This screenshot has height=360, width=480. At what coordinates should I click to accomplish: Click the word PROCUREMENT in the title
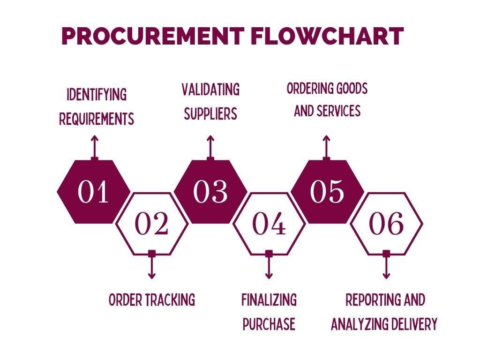click(x=152, y=36)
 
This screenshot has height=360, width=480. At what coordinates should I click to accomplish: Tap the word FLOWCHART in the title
click(x=327, y=36)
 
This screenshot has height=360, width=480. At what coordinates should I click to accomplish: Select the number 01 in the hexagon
click(x=93, y=191)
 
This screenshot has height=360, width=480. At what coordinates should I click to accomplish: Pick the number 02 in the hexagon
click(x=151, y=224)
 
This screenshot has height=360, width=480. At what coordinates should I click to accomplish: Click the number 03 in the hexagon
click(x=210, y=191)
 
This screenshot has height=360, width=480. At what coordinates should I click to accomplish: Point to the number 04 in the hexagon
click(x=269, y=224)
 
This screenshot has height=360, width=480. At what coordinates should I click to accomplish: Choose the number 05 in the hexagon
click(x=327, y=191)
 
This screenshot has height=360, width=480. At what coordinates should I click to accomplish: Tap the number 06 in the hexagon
click(x=386, y=224)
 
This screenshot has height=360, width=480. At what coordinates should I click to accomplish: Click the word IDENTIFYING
click(x=97, y=95)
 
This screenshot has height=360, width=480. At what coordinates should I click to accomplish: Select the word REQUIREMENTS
click(x=97, y=119)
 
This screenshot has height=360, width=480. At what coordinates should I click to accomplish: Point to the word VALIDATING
click(x=210, y=90)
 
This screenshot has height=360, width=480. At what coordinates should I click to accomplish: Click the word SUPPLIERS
click(x=210, y=114)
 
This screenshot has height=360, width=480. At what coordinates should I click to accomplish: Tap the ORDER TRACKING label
click(x=151, y=300)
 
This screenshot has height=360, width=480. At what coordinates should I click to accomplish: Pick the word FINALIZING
click(x=269, y=300)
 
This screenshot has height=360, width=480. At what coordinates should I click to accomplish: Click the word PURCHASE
click(x=269, y=324)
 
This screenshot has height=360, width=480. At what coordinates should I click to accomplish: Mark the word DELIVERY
click(x=416, y=324)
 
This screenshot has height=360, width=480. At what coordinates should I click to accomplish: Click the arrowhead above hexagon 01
click(x=94, y=138)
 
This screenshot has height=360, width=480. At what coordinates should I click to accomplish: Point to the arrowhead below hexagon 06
click(x=386, y=276)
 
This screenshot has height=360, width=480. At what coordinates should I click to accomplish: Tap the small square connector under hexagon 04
click(x=269, y=254)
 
